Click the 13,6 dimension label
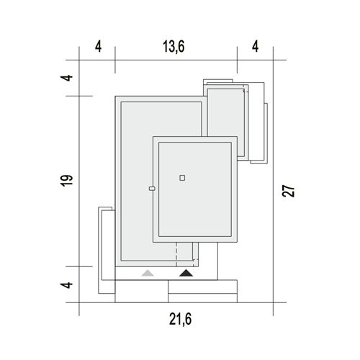point(174,46)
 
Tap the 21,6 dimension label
point(181,319)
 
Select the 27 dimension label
point(288,191)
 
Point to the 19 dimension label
point(66,181)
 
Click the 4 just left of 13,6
point(98,46)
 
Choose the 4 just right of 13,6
point(256,46)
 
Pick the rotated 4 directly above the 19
point(66,78)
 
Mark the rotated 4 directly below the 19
point(66,285)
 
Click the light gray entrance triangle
point(148,273)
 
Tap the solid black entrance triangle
point(186,273)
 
